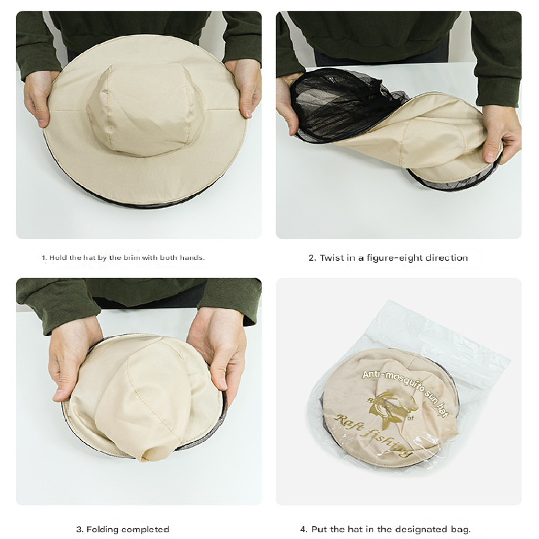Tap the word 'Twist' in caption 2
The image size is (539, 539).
pyautogui.click(x=332, y=257)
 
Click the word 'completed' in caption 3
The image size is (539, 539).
pyautogui.click(x=147, y=529)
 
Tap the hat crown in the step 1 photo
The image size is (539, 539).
pyautogui.click(x=145, y=108)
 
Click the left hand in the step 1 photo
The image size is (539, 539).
pyautogui.click(x=40, y=94)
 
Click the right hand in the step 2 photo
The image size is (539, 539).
pyautogui.click(x=502, y=131)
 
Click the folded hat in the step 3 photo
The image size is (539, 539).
pyautogui.click(x=145, y=398)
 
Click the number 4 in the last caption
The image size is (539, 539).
pyautogui.click(x=303, y=529)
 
